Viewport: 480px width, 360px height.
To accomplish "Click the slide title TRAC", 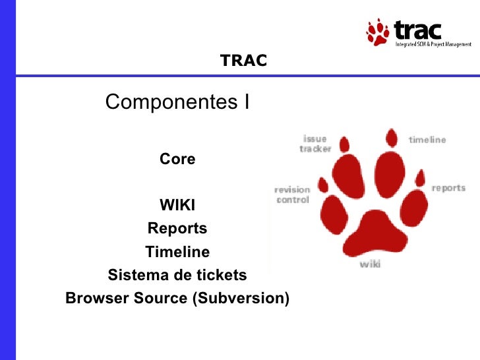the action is (x=243, y=60).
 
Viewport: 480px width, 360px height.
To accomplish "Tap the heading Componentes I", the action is (x=177, y=102).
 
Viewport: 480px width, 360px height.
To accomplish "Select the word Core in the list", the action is (x=177, y=159).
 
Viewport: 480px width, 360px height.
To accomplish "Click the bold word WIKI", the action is (x=177, y=205).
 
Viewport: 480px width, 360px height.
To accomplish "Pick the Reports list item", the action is (x=177, y=228).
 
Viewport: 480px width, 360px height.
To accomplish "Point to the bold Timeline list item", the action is (x=177, y=252).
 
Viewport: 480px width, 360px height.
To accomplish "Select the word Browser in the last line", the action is (x=98, y=298).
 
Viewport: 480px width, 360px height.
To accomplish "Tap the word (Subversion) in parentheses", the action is (x=241, y=298).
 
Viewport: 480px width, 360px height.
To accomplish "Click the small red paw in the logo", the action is (x=378, y=32).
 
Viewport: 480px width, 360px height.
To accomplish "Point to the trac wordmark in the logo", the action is (x=417, y=30).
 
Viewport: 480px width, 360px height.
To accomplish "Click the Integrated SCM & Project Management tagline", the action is (x=433, y=44).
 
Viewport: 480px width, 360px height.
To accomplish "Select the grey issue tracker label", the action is (x=315, y=144).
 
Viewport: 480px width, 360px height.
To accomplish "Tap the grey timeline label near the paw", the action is (x=427, y=140).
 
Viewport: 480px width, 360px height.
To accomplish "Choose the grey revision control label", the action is (x=292, y=195).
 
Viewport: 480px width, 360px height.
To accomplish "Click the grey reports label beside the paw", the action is (x=448, y=188).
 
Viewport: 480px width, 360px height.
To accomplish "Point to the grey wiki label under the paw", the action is (x=370, y=264).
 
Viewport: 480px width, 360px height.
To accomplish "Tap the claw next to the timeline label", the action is (x=392, y=138).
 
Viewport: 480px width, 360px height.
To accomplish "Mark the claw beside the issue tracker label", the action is (x=344, y=144).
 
